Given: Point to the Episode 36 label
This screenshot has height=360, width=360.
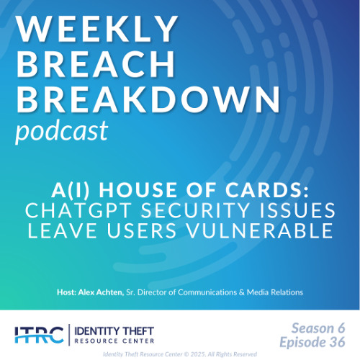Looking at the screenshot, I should coord(315,341).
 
